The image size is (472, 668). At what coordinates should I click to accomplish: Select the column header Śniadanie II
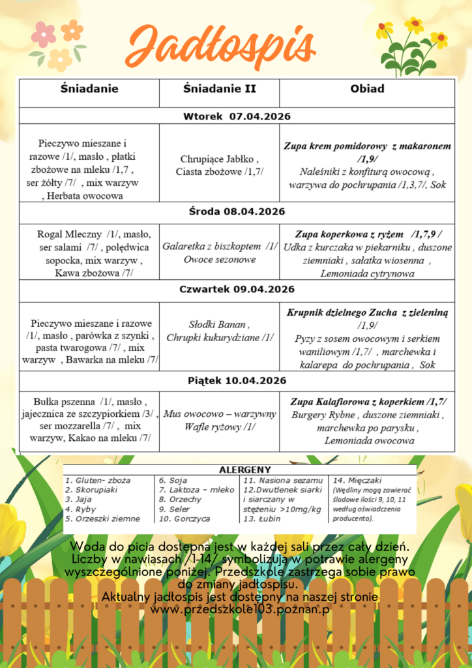[x=218, y=89]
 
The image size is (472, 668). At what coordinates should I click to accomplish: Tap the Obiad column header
[x=367, y=89]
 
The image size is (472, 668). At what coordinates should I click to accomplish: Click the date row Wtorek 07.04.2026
[x=236, y=117]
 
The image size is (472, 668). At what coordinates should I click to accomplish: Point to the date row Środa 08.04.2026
[x=236, y=211]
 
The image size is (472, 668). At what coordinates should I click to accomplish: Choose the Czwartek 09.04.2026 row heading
[x=236, y=289]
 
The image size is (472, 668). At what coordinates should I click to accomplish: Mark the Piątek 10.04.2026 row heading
[x=236, y=381]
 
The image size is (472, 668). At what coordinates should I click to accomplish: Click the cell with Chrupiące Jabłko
[x=219, y=164]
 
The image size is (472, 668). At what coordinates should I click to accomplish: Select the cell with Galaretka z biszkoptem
[x=219, y=252]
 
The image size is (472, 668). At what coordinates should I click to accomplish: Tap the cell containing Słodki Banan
[x=219, y=331]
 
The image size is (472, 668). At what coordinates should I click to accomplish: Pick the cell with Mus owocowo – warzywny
[x=219, y=420]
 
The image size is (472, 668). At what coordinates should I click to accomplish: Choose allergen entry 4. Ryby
[x=81, y=509]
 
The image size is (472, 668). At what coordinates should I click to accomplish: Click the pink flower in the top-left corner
[x=44, y=34]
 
